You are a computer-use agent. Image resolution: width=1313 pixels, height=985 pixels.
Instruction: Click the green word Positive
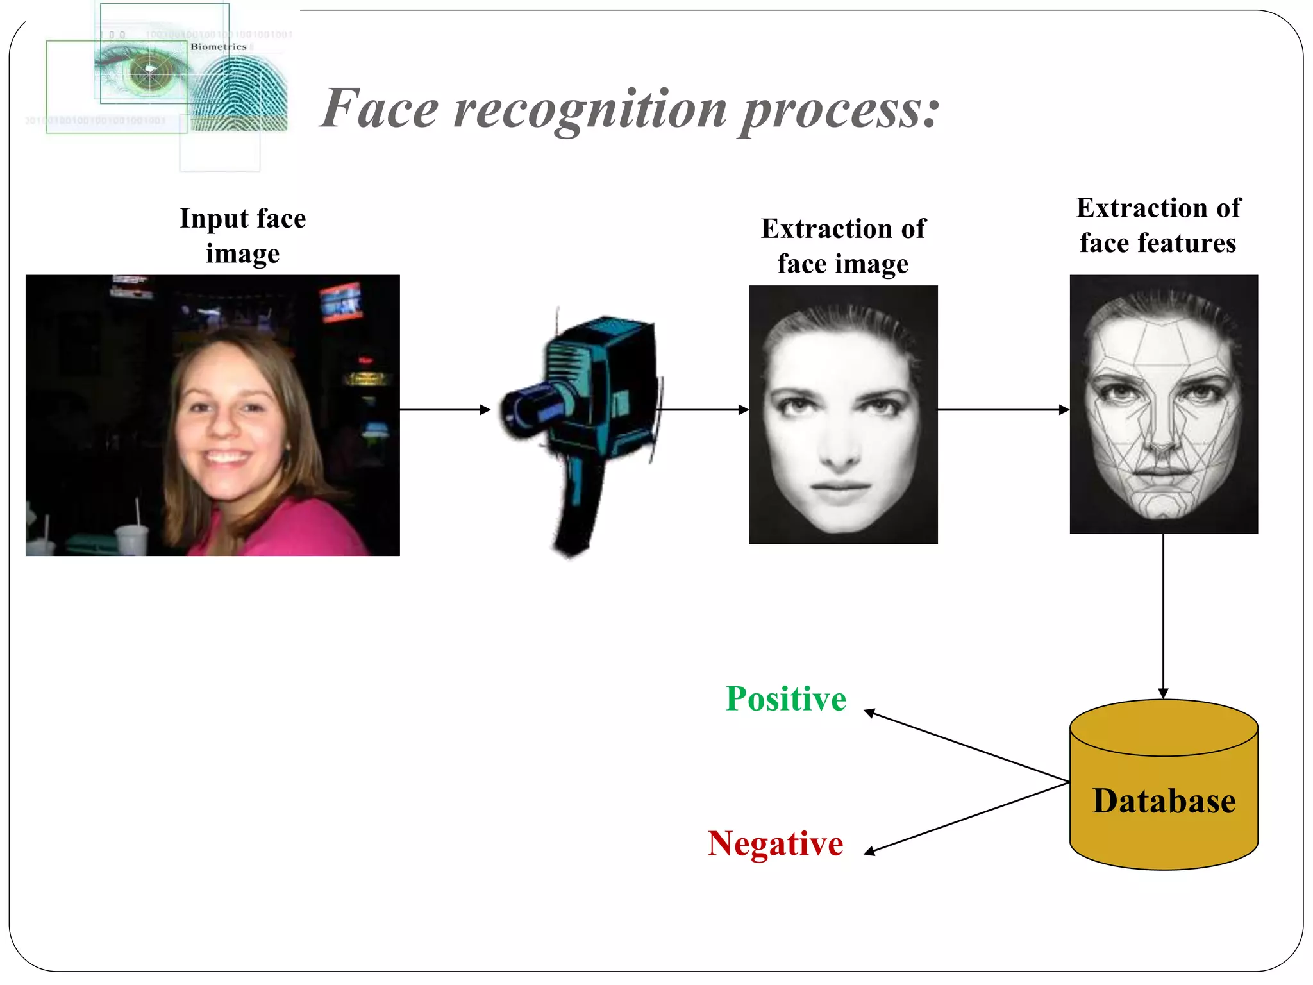(785, 698)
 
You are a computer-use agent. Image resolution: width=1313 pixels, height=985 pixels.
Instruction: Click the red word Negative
(775, 843)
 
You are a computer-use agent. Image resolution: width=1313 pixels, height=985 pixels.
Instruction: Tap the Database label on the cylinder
(1164, 801)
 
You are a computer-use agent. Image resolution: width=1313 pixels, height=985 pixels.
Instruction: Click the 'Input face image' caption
(242, 236)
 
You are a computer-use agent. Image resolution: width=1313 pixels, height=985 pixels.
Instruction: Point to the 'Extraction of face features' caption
(1158, 226)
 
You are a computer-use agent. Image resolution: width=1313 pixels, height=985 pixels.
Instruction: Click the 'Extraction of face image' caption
(843, 246)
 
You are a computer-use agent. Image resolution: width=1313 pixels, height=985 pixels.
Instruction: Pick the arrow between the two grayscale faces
(1003, 410)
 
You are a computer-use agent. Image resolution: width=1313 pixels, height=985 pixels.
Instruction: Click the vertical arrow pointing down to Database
(1163, 616)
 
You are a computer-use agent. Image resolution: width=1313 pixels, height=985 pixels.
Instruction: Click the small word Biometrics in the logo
(218, 47)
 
